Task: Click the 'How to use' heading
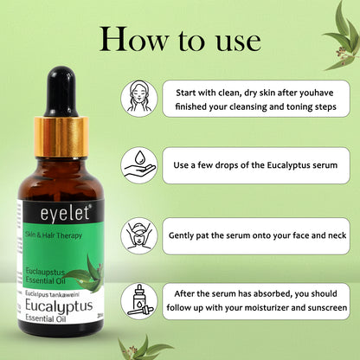[x=180, y=39]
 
